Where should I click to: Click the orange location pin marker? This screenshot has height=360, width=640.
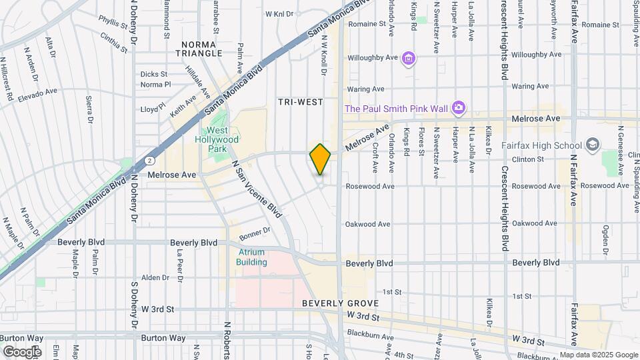coord(321,159)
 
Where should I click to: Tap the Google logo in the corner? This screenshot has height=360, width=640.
coord(22,351)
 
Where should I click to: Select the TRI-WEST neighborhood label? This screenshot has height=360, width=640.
coord(300,102)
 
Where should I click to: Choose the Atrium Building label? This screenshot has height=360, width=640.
coord(251,257)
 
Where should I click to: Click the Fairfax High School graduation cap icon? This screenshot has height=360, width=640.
coord(591,145)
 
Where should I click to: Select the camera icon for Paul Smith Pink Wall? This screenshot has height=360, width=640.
coord(458,107)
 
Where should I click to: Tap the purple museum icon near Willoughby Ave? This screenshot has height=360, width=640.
coord(409,59)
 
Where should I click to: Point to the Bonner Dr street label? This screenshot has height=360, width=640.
coord(253,231)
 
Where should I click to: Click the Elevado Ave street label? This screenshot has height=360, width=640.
coord(37,94)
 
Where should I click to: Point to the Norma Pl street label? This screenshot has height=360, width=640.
coord(157,85)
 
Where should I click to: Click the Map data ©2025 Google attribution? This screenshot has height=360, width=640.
coord(598,355)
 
